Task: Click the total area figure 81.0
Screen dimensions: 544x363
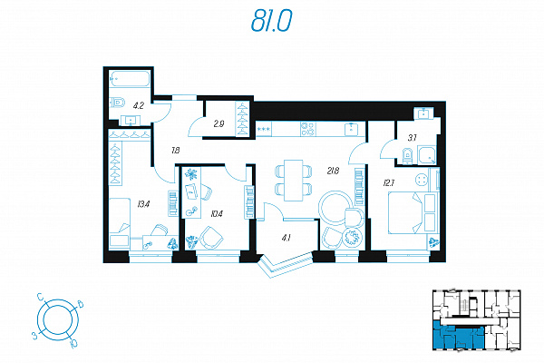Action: pyautogui.click(x=272, y=21)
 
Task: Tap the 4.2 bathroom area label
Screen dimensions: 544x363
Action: pyautogui.click(x=139, y=105)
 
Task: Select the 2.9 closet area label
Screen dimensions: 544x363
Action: pyautogui.click(x=219, y=124)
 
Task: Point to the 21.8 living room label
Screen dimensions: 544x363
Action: pyautogui.click(x=333, y=171)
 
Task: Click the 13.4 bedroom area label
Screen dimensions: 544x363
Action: pyautogui.click(x=143, y=204)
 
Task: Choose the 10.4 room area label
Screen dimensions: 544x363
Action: pyautogui.click(x=216, y=213)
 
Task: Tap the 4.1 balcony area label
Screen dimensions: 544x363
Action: pyautogui.click(x=286, y=238)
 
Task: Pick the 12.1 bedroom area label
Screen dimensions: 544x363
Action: pyautogui.click(x=389, y=182)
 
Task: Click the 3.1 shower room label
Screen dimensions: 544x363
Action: pyautogui.click(x=412, y=138)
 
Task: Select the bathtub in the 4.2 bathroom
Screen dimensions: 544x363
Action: pyautogui.click(x=130, y=79)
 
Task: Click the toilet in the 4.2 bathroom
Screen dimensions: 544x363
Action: pyautogui.click(x=118, y=103)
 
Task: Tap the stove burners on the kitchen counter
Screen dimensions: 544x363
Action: pyautogui.click(x=308, y=129)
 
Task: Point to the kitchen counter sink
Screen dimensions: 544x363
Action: pyautogui.click(x=352, y=129)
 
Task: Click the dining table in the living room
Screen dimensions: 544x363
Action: pyautogui.click(x=293, y=181)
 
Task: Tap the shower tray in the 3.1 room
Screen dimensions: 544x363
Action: pyautogui.click(x=427, y=155)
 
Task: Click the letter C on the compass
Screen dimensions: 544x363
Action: pyautogui.click(x=41, y=298)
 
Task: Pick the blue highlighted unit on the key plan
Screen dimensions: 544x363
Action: pyautogui.click(x=458, y=338)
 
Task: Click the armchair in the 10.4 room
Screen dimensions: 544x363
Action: pyautogui.click(x=211, y=237)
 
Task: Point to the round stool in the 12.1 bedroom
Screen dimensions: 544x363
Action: pyautogui.click(x=422, y=180)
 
